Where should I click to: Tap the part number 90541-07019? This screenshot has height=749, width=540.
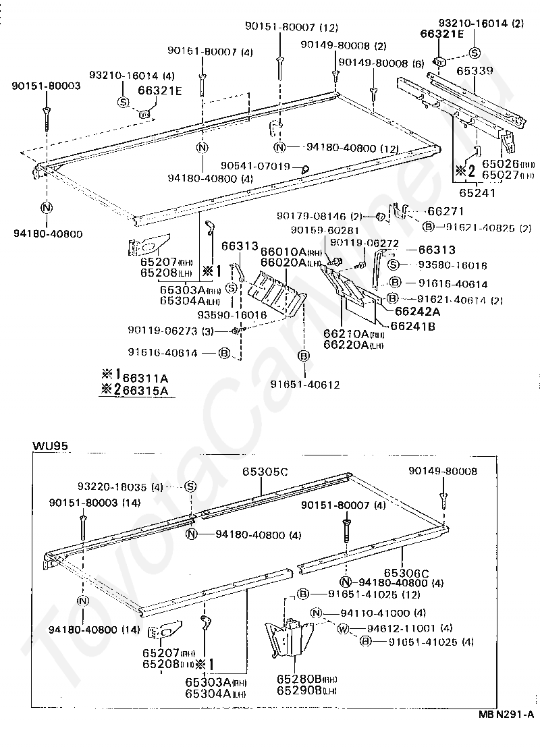pyautogui.click(x=255, y=166)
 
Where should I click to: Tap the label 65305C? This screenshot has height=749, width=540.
pyautogui.click(x=265, y=472)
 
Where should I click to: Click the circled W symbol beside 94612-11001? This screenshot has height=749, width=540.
pyautogui.click(x=342, y=629)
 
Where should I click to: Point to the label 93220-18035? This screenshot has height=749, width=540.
pyautogui.click(x=112, y=486)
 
